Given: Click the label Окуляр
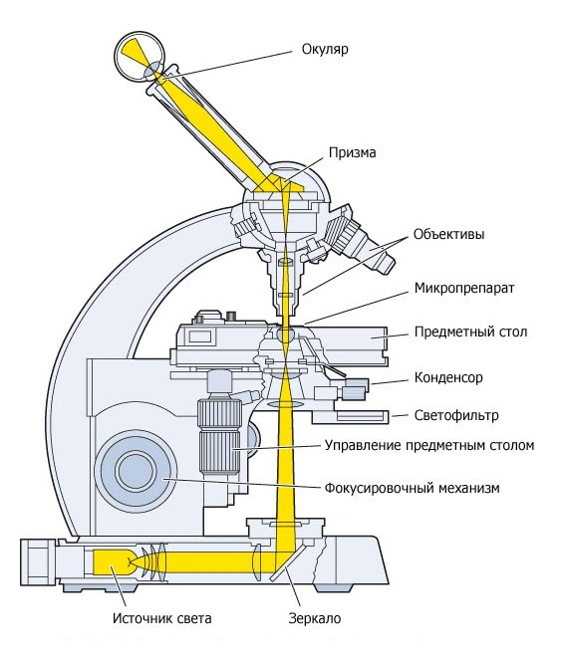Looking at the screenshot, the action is pyautogui.click(x=325, y=50).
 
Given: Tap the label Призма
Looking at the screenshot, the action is pyautogui.click(x=353, y=152).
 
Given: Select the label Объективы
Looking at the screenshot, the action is pyautogui.click(x=448, y=235).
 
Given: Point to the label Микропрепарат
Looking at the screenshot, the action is pyautogui.click(x=464, y=289).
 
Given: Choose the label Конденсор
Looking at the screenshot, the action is pyautogui.click(x=448, y=378).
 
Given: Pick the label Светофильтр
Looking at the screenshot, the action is pyautogui.click(x=456, y=415).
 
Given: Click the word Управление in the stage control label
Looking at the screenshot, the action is pyautogui.click(x=363, y=446).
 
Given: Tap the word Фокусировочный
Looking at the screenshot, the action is pyautogui.click(x=377, y=488).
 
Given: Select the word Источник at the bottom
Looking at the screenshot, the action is pyautogui.click(x=141, y=618).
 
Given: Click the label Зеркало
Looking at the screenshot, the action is pyautogui.click(x=315, y=618).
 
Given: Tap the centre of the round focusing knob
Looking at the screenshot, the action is pyautogui.click(x=136, y=471).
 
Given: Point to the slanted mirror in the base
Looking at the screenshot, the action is pyautogui.click(x=288, y=562).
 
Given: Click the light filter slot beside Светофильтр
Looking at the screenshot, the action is pyautogui.click(x=362, y=416).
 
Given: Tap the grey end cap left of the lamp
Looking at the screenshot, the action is pyautogui.click(x=38, y=562).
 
